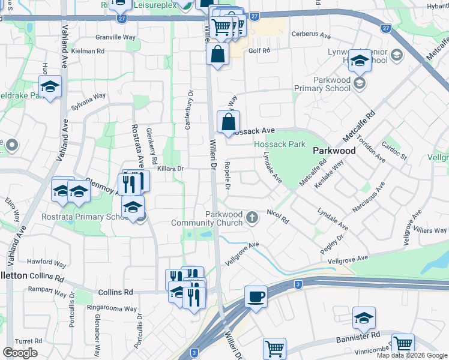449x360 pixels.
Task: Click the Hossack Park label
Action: coord(279,144)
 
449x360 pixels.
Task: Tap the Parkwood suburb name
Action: coord(335,151)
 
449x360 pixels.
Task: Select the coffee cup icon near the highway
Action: coord(256,296)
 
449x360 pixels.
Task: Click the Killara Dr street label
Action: coord(170,169)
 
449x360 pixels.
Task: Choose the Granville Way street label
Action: coord(115,37)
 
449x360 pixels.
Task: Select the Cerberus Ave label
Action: coord(312,35)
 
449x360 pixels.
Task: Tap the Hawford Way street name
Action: coord(46,263)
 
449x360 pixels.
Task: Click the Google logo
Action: coord(20,353)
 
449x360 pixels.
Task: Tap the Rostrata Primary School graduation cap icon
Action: coord(133,208)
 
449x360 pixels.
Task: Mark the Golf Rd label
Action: coord(259,51)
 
